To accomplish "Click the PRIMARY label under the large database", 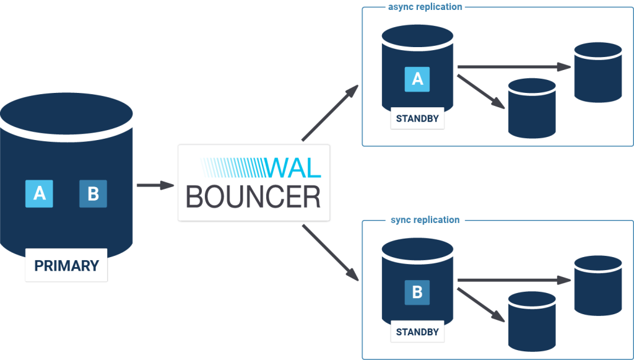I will [x=66, y=266].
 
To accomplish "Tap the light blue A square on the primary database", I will [x=38, y=193].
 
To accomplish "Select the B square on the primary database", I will [x=93, y=193].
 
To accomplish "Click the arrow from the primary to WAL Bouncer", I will [x=155, y=185].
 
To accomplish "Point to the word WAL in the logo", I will [x=292, y=167].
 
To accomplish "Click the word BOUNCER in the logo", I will [x=253, y=196].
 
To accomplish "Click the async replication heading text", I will [x=425, y=7].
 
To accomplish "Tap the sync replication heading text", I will [x=425, y=220].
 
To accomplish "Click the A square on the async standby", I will [x=417, y=79].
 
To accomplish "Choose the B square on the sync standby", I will [x=417, y=292].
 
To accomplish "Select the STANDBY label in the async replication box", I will [x=417, y=119].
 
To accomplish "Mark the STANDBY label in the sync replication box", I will [x=417, y=332].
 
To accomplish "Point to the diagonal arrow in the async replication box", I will [x=479, y=90].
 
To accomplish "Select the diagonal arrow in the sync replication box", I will [x=479, y=304].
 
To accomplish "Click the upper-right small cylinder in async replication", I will [x=597, y=72].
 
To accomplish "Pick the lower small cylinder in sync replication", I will [x=531, y=322].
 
